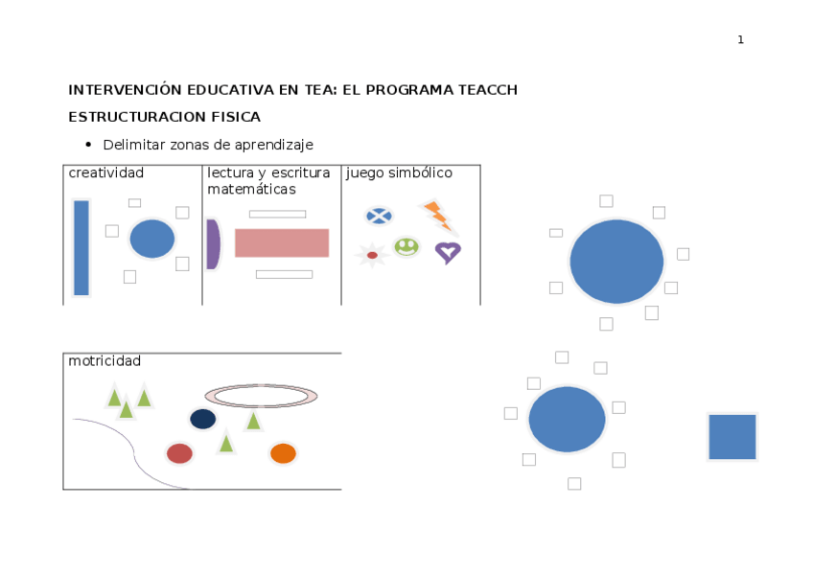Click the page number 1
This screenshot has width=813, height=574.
coord(740,39)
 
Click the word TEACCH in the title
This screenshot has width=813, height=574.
coord(481,90)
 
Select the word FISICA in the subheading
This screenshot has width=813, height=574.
coord(235,117)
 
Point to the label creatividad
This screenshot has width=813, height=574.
coord(106,173)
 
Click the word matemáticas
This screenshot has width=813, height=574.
coord(251,190)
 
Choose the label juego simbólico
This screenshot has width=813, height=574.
coord(399,173)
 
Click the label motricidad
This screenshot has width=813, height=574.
coord(105,361)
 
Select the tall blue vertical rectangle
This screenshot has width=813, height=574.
coord(81,247)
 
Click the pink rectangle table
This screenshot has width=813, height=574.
coord(282,242)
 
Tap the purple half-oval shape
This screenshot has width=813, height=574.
coord(213,244)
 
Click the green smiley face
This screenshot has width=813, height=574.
coord(406,246)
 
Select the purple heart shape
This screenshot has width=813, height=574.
coord(448,252)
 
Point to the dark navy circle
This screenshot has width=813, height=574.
coord(203,419)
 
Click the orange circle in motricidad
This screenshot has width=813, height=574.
coord(283,453)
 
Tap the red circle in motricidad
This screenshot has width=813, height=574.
coord(179,453)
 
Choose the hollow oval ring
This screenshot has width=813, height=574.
coord(261,396)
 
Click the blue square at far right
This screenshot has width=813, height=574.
coord(732,437)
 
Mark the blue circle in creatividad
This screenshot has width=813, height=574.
coord(151,239)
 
